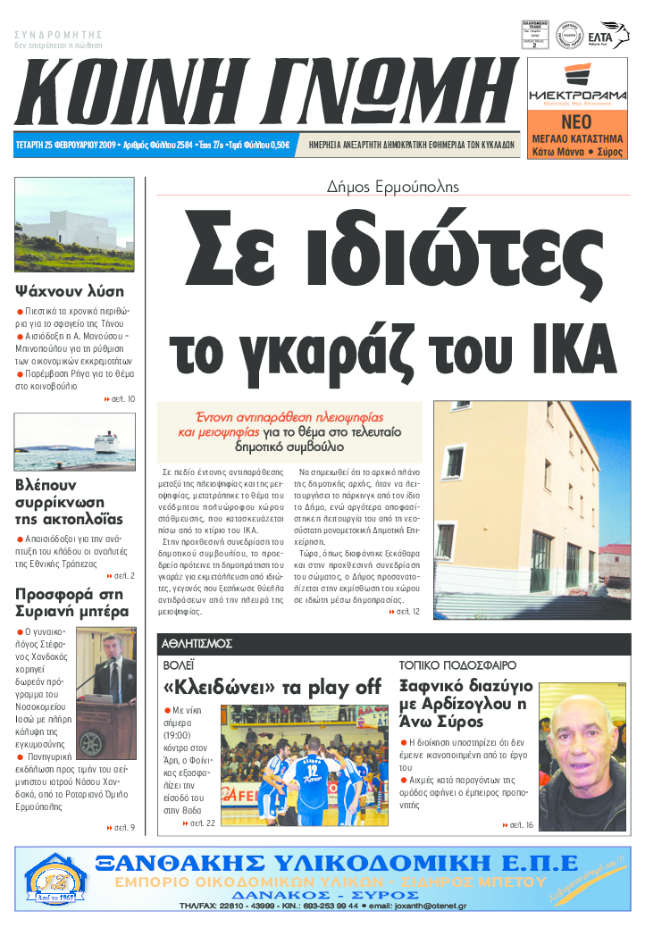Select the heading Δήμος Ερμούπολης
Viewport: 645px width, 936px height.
coord(393,187)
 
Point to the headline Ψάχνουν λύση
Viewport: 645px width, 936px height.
coord(70,291)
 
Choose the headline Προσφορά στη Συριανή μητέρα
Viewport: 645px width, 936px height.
coord(72,603)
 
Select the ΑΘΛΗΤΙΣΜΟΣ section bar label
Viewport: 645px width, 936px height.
coord(197,643)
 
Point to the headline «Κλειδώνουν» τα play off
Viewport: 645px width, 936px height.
coord(272,688)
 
